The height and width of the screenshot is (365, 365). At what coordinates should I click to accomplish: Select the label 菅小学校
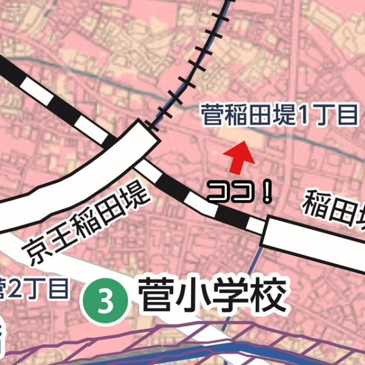pyautogui.click(x=212, y=297)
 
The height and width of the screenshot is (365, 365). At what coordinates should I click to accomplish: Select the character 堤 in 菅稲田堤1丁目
pyautogui.click(x=283, y=116)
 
